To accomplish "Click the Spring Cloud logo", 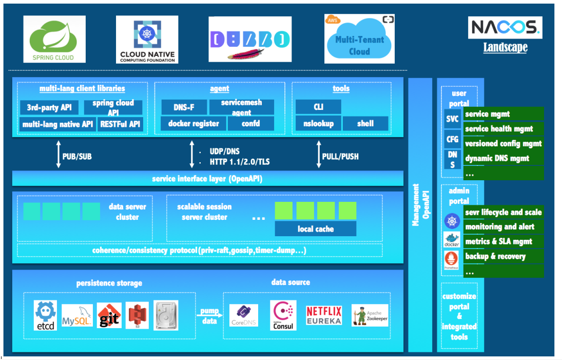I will tap(54, 40).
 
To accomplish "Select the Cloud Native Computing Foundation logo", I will tap(147, 40).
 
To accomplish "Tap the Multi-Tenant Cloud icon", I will tap(359, 39).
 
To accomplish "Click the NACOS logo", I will tap(505, 28).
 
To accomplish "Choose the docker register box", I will tap(193, 124).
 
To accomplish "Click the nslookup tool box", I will tap(318, 124).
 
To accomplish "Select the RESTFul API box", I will tap(121, 124).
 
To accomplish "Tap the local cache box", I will tap(315, 229).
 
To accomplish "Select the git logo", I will tap(109, 315).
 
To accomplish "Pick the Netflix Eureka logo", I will tap(324, 315).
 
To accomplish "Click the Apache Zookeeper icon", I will tap(370, 315).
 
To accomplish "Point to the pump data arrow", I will tap(209, 314).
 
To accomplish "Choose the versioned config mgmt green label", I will tap(503, 144).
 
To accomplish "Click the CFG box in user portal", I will tap(452, 139).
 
